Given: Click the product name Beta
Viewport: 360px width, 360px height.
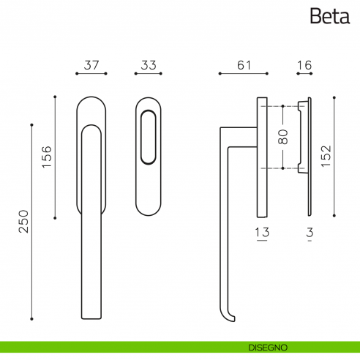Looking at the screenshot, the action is [330, 16].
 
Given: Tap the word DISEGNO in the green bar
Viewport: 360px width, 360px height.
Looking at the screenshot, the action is [268, 348].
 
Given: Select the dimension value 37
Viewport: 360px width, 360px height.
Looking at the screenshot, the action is [91, 65].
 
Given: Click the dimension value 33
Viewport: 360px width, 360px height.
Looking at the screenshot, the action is [149, 65].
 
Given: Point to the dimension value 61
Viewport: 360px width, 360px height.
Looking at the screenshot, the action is [244, 65].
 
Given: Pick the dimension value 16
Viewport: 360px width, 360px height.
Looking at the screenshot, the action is [304, 65].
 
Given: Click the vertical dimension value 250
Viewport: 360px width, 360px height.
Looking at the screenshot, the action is [23, 221].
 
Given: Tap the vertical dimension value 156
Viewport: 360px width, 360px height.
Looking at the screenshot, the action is [47, 157].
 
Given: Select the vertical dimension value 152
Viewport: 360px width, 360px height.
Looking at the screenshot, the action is [326, 156].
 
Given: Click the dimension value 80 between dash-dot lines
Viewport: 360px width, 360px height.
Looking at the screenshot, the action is [283, 137].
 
